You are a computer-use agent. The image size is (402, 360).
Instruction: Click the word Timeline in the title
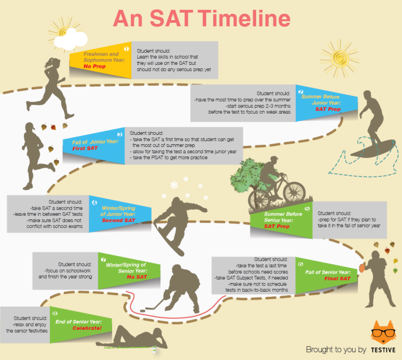pyautogui.click(x=244, y=18)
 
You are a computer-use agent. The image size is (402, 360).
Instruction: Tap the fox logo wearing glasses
pyautogui.click(x=383, y=332)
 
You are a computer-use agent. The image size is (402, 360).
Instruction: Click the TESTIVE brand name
pyautogui.click(x=383, y=350)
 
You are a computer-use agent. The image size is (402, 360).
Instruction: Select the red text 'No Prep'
pyautogui.click(x=94, y=66)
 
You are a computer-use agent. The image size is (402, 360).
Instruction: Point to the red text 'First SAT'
pyautogui.click(x=85, y=148)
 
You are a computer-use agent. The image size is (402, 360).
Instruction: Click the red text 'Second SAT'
pyautogui.click(x=118, y=220)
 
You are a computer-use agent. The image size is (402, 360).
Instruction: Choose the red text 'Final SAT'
pyautogui.click(x=337, y=278)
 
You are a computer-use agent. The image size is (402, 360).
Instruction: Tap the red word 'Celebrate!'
pyautogui.click(x=87, y=328)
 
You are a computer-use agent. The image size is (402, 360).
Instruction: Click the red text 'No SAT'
pyautogui.click(x=137, y=277)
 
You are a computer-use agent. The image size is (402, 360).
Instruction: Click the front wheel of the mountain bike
pyautogui.click(x=294, y=192)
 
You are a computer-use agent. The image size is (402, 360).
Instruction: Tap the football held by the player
pyautogui.click(x=362, y=268)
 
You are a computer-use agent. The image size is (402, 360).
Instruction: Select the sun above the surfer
pyautogui.click(x=339, y=59)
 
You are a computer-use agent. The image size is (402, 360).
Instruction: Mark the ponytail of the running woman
pyautogui.click(x=48, y=63)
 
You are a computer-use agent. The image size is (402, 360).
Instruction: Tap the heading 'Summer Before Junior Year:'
pyautogui.click(x=321, y=100)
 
